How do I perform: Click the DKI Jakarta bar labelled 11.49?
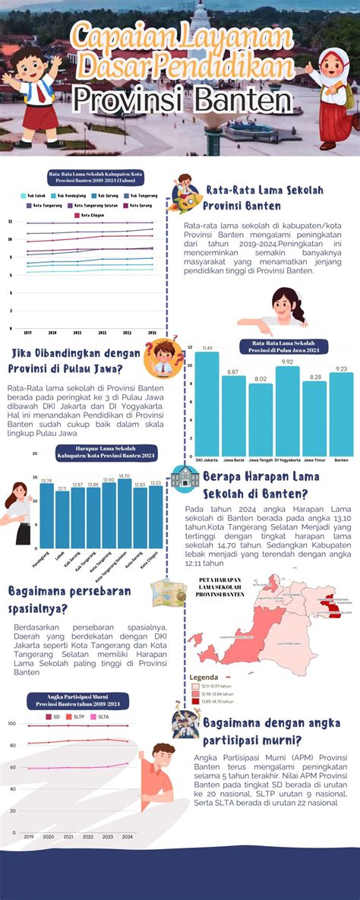coord(207,403)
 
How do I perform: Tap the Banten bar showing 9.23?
coord(342,414)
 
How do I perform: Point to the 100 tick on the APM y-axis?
coord(12,724)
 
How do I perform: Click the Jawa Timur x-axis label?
coord(315,460)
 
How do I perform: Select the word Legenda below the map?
coord(204,677)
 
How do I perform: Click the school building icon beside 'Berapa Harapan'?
coord(185,477)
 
